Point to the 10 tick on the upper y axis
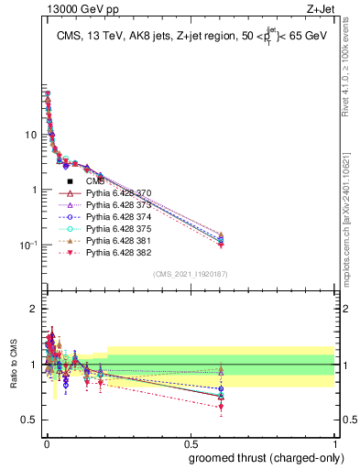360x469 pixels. pyautogui.click(x=30, y=135)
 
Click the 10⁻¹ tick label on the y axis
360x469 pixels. pyautogui.click(x=27, y=245)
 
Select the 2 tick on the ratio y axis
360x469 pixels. pyautogui.click(x=33, y=309)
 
